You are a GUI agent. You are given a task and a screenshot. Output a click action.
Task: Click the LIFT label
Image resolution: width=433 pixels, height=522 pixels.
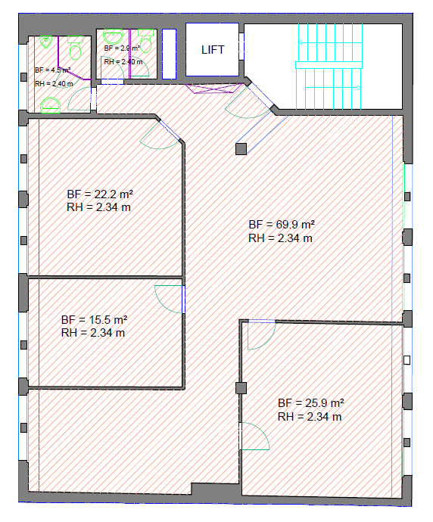(213, 50)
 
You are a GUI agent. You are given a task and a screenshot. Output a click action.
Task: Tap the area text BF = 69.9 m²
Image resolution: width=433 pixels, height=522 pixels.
(282, 225)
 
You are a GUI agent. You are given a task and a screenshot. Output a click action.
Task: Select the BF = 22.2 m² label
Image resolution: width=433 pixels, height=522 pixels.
(100, 194)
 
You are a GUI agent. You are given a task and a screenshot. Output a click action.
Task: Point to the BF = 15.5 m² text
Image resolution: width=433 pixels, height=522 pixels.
(95, 320)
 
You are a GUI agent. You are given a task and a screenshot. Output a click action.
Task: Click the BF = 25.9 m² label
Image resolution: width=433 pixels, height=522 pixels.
(311, 403)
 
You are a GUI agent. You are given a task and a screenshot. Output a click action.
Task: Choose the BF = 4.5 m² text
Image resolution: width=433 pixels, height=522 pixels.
(53, 70)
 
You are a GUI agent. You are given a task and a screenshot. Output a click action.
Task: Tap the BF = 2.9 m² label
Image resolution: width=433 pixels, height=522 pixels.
(122, 48)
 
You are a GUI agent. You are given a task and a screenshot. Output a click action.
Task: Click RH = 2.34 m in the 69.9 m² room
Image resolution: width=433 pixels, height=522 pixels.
(280, 238)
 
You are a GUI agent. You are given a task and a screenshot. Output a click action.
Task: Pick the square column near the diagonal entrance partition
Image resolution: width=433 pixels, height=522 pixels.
(241, 149)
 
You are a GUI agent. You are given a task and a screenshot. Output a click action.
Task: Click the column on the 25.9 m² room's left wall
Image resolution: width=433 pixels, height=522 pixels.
(241, 388)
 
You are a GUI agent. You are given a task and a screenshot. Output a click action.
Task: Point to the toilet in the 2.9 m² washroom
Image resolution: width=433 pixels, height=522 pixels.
(146, 41)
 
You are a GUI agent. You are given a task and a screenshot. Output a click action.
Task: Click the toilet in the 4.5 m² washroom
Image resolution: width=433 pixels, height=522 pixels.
(75, 48)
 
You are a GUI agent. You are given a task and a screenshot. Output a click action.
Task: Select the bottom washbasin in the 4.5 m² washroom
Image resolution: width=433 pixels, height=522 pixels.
(50, 105)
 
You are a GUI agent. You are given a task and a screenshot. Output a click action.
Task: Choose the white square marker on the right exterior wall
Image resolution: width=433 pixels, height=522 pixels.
(407, 360)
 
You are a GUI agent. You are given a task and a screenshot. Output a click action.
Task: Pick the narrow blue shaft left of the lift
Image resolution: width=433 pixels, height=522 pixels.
(170, 54)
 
